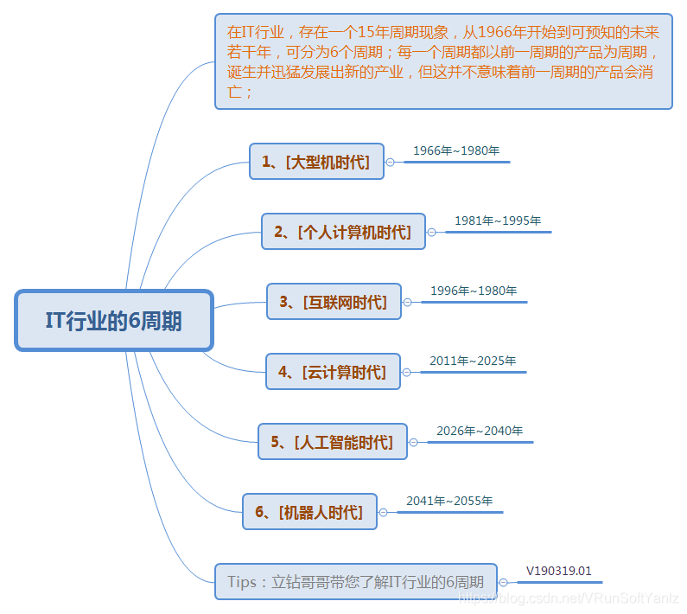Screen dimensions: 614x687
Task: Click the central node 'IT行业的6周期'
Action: click(113, 320)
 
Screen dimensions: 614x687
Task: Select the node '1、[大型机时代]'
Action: click(316, 162)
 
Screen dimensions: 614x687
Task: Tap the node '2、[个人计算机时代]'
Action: click(343, 232)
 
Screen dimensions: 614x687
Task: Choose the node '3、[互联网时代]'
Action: click(334, 302)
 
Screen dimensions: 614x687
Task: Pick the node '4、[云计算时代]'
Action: click(333, 372)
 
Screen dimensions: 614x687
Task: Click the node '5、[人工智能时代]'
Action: click(332, 442)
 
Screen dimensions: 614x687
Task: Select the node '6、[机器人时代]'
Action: click(309, 512)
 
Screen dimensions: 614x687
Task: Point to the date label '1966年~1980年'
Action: click(456, 150)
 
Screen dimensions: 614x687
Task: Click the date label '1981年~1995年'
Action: click(498, 221)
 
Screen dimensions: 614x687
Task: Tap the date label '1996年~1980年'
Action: click(474, 291)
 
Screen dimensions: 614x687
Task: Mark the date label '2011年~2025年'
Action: click(473, 361)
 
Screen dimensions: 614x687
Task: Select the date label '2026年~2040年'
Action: click(480, 431)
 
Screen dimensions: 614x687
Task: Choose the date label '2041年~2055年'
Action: click(449, 501)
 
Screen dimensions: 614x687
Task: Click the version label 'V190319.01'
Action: click(559, 571)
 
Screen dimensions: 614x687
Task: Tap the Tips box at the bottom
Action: click(356, 582)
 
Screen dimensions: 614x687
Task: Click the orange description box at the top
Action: click(443, 62)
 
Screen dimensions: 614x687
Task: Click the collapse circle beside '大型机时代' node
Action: click(390, 162)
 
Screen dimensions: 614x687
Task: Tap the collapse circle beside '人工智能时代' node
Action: click(413, 442)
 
